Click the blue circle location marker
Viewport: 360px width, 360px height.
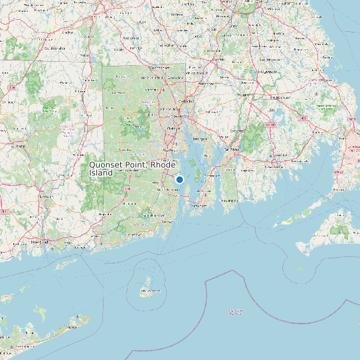[x=179, y=179]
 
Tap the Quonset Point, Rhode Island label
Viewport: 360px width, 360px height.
[x=132, y=168]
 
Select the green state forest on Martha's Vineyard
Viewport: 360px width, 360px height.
[x=340, y=230]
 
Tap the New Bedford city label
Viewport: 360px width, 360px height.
[x=274, y=159]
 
